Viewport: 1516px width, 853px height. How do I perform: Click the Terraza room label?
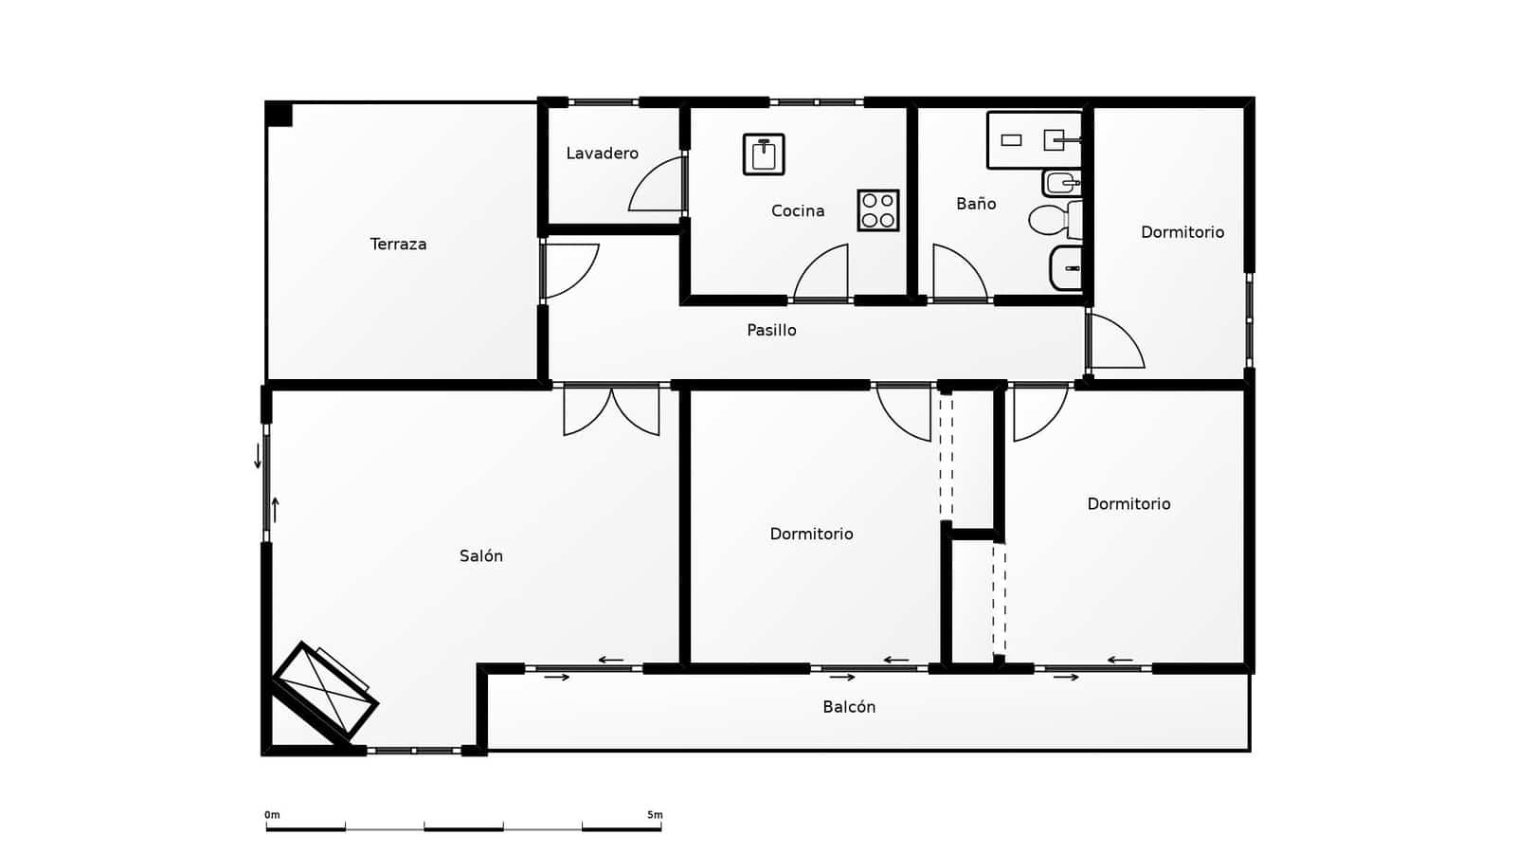pos(398,245)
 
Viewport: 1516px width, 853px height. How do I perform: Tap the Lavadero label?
pos(602,154)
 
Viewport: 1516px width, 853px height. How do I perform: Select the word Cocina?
pos(798,211)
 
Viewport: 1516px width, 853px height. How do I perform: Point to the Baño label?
pos(976,204)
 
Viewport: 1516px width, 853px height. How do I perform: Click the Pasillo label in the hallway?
pos(771,331)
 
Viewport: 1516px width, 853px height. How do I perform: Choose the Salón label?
pos(481,556)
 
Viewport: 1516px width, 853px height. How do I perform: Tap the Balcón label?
pos(849,707)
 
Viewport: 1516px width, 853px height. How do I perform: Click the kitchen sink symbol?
pos(764,154)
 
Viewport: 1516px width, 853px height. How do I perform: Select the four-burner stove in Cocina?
pos(878,210)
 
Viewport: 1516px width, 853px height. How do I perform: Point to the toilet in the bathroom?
pos(1052,220)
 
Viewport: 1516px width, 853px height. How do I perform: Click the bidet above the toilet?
pos(1061,182)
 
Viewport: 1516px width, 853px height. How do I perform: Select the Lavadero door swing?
pos(659,186)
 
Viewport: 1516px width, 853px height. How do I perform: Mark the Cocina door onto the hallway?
pos(821,275)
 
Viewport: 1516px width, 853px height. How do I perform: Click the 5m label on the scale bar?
pos(655,815)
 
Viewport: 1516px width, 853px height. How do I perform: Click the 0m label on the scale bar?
pos(272,815)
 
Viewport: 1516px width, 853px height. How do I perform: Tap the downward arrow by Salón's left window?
pos(258,456)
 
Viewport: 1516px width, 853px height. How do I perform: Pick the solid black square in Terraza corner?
pos(279,114)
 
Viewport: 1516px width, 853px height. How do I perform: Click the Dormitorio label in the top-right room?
pos(1182,232)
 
